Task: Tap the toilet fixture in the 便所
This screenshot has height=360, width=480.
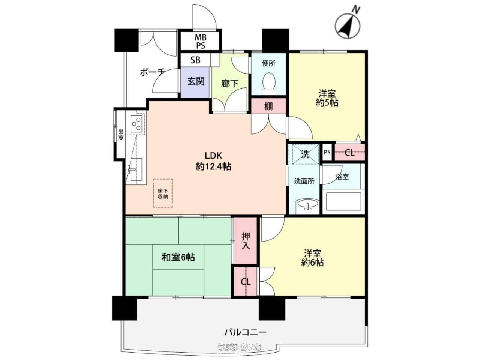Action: point(269,84)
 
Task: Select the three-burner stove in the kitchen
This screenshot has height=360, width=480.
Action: point(136,124)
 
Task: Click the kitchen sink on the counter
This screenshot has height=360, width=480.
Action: point(136,169)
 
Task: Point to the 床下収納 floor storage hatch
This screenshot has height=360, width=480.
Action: point(163,193)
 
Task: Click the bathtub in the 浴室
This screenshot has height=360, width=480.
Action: point(343,201)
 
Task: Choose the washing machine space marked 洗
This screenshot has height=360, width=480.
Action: point(304,154)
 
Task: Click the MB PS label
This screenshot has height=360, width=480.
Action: point(200,42)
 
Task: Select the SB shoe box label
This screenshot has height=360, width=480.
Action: point(195,60)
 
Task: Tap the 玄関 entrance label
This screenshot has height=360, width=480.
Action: point(196,81)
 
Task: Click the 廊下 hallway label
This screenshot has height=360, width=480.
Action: point(229,83)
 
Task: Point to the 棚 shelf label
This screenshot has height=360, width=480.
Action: point(268,106)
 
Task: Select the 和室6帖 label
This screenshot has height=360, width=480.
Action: point(178,257)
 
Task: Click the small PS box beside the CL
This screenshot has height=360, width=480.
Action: point(327,152)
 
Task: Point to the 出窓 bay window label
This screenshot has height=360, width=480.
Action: point(121,134)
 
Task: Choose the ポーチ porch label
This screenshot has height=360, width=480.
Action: point(152,72)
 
